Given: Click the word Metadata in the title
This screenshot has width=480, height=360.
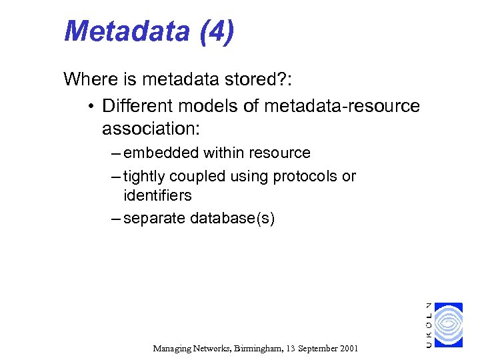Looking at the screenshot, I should click(x=126, y=31).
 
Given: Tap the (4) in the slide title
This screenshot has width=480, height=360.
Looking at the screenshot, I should click(x=216, y=31).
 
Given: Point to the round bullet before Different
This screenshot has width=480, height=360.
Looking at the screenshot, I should click(x=90, y=107).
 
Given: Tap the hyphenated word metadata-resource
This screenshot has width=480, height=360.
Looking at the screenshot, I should click(x=342, y=106).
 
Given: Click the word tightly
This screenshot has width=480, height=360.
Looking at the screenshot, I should click(x=145, y=177).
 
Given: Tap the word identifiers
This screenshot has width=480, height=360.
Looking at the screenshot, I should click(x=157, y=196).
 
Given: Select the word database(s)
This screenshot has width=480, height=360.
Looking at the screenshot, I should click(x=233, y=218).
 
